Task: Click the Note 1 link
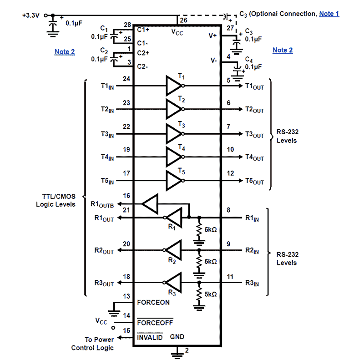click(329, 14)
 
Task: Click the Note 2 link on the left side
click(65, 52)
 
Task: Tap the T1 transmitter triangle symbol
click(173, 85)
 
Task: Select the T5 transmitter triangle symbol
click(173, 180)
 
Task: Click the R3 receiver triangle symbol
click(173, 282)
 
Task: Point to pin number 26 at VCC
click(183, 20)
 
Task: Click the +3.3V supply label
click(30, 15)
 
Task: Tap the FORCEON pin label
click(153, 302)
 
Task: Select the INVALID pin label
click(150, 337)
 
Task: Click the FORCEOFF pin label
click(155, 322)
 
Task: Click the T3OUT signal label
click(254, 135)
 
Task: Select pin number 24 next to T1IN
click(126, 79)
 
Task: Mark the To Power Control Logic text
click(92, 344)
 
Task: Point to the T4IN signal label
click(107, 157)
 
